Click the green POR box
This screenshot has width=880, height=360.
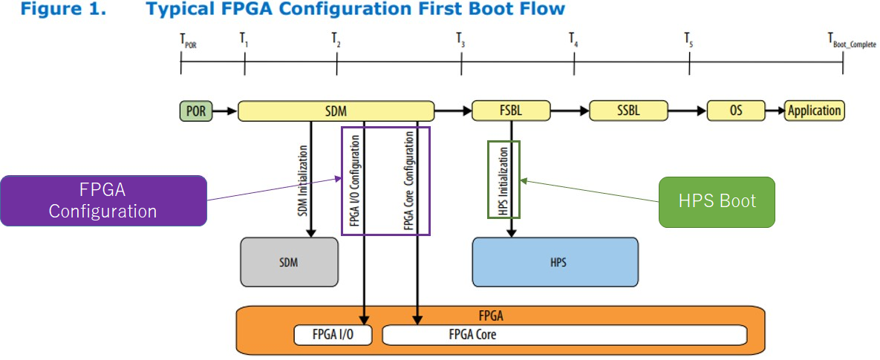coord(197,111)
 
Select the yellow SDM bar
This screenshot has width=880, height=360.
coord(336,111)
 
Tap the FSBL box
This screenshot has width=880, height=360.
coord(512,111)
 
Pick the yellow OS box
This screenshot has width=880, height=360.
coord(736,111)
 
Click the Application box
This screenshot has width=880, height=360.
coord(815,111)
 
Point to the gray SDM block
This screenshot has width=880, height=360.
coord(290,262)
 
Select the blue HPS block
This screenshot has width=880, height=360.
coord(555,262)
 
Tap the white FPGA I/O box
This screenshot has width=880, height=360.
coord(333,336)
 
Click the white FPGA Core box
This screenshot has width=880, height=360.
coord(564,336)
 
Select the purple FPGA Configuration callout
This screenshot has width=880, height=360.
coord(104,200)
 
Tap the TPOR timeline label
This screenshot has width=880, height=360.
coord(185,40)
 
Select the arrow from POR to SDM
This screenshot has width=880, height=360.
coord(226,111)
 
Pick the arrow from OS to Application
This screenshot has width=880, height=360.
coord(775,111)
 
